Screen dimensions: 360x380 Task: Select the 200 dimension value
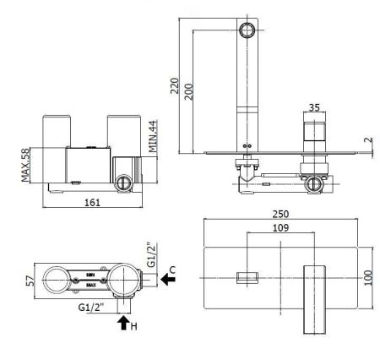(189, 91)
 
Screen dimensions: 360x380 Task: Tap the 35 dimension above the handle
(314, 108)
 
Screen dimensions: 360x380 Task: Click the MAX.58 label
(26, 165)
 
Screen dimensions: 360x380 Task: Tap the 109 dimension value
(281, 228)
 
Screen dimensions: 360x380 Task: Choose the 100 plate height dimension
(369, 277)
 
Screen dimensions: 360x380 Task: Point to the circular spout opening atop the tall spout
(247, 31)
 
